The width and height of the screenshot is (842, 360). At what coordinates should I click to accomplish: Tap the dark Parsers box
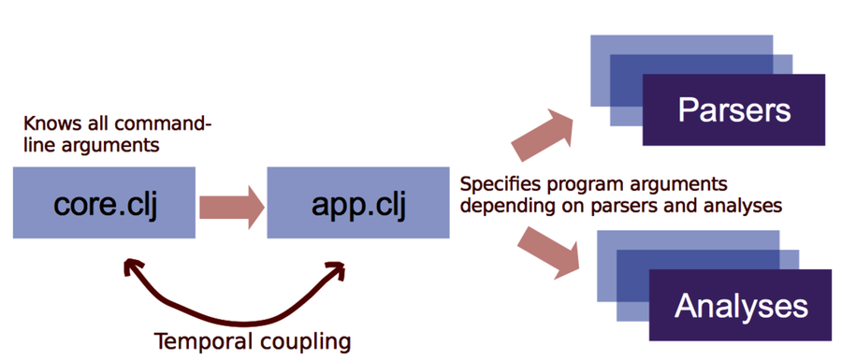(733, 110)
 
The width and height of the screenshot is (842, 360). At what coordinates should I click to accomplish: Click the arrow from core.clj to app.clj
(230, 203)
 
